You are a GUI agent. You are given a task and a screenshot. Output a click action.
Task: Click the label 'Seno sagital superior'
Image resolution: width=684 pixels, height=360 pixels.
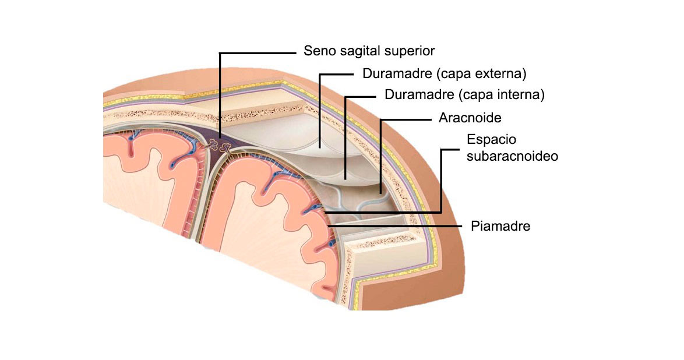(369, 51)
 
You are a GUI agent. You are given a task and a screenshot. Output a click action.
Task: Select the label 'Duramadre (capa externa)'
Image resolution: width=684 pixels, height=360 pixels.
(444, 74)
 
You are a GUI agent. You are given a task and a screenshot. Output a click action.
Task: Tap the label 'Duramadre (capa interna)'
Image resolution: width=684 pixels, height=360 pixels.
(464, 94)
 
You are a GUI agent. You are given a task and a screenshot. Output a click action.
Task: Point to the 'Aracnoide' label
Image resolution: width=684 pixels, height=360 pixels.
(470, 118)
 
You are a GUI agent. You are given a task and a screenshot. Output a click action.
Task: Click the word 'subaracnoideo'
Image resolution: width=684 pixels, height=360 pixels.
(513, 156)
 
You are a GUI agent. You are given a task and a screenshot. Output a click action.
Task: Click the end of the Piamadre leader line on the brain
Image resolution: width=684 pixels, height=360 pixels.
(327, 225)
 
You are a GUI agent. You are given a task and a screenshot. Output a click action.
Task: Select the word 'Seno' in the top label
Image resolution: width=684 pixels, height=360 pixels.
(317, 51)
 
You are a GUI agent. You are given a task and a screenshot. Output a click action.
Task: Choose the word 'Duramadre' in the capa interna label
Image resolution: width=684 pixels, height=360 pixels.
(414, 94)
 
